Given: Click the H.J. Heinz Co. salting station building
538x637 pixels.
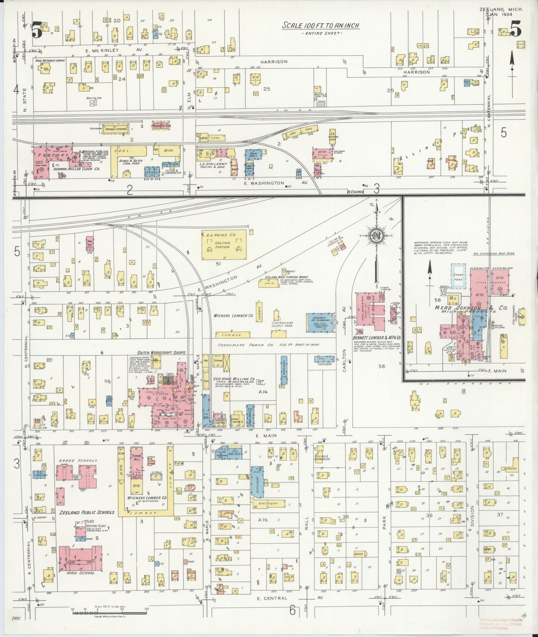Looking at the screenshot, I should click(224, 245).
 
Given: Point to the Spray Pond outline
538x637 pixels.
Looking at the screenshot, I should click(458, 277).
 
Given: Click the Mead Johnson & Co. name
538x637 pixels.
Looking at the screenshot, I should click(472, 308).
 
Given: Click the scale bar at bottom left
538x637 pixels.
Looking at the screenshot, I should click(109, 613).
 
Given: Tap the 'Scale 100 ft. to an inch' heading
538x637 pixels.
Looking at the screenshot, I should click(321, 25).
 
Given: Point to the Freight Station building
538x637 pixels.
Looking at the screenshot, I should click(112, 129).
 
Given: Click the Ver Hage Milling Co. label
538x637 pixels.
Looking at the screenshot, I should click(234, 379).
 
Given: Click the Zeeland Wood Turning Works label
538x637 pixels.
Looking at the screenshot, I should click(287, 277).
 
